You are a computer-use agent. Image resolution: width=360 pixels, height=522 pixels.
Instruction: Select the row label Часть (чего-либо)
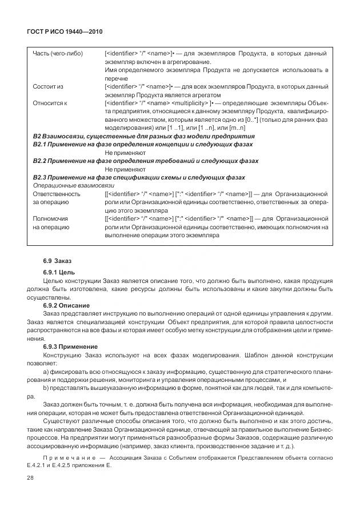(x=58, y=54)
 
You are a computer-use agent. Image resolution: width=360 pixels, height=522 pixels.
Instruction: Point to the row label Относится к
(x=50, y=103)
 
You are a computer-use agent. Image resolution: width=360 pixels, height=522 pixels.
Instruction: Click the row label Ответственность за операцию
(x=57, y=198)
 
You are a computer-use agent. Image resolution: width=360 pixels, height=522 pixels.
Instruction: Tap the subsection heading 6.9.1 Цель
(x=59, y=272)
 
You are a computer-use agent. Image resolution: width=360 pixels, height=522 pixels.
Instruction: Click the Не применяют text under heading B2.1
(x=125, y=153)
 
